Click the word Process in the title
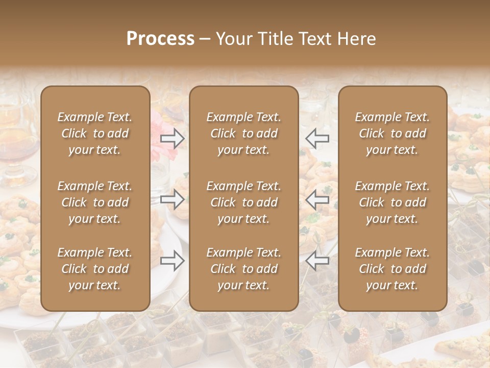(160, 39)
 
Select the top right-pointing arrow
(172, 138)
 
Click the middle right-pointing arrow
(172, 199)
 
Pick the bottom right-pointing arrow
(172, 261)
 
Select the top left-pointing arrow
(317, 138)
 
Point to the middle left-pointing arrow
(317, 199)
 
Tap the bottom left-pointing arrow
(317, 261)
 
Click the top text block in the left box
(95, 133)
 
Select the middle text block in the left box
(95, 202)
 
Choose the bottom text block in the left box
(95, 269)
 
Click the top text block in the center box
(244, 133)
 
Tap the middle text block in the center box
(244, 202)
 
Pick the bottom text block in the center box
(244, 269)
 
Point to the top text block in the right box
(393, 133)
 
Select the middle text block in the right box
(393, 202)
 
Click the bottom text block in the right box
(393, 269)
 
